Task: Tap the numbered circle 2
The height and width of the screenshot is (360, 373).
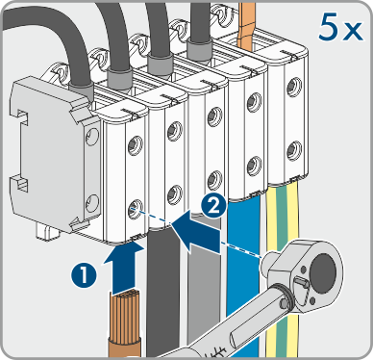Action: (214, 206)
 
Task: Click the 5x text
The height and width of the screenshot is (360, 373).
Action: (341, 28)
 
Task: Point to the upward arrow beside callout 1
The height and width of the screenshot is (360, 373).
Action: (123, 267)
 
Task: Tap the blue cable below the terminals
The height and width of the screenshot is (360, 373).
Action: (242, 276)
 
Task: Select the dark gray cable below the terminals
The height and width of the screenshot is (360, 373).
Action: (162, 289)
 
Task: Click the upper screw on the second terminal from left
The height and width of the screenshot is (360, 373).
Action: (175, 130)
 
